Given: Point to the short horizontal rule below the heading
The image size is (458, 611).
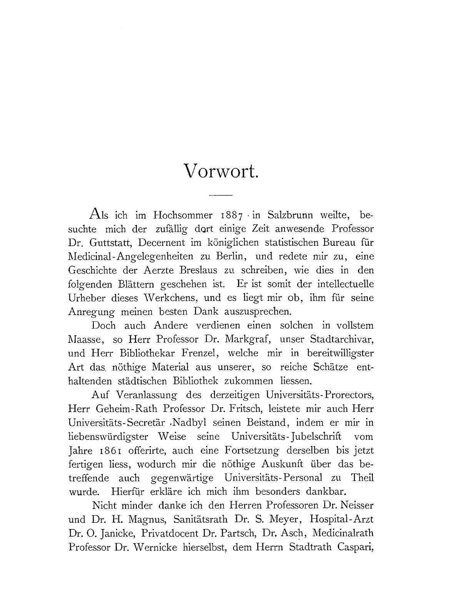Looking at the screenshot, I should (x=220, y=196).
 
